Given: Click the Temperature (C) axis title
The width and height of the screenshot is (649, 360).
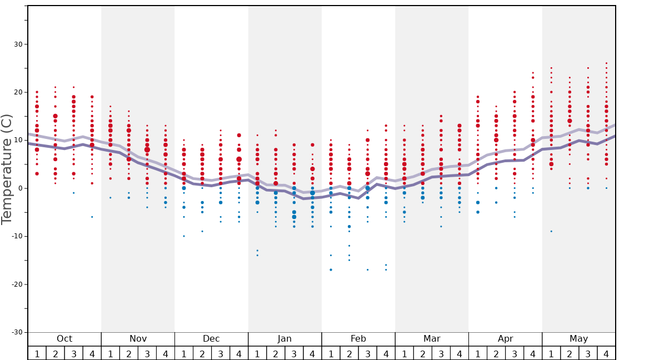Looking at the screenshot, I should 7,169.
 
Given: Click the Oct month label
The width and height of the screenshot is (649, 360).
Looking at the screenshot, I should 64,339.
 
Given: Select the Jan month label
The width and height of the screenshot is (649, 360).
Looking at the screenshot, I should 284,339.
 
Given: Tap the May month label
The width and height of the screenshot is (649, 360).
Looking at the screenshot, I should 578,339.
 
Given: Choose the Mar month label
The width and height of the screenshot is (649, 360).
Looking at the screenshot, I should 432,339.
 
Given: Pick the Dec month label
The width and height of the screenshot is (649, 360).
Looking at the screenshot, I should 211,339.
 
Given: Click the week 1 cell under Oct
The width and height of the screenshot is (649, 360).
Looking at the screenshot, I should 37,353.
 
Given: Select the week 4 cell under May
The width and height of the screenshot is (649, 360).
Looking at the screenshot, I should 606,353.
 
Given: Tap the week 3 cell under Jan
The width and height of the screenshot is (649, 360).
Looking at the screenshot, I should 294,353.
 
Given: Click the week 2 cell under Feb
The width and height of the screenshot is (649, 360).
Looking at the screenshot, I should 349,353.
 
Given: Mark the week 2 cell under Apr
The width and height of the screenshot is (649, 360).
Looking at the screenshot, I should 496,353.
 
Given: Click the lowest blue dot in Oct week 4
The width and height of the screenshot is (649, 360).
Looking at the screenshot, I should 92,217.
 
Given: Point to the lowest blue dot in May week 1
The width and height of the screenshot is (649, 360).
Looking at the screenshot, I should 551,231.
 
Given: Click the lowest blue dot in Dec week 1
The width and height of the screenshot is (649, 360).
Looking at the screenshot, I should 184,236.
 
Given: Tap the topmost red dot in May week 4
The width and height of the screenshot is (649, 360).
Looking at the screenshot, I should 606,63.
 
